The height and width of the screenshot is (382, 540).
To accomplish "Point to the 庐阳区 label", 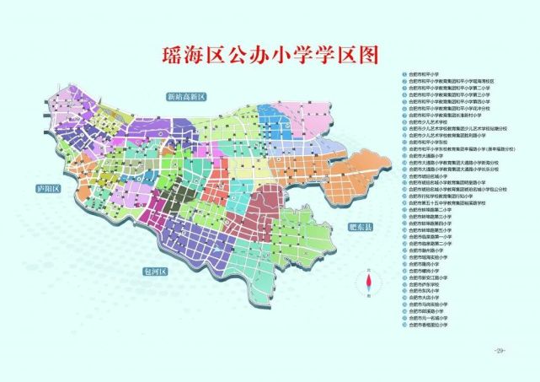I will (x=39, y=189).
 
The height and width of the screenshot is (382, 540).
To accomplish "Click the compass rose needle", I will (x=368, y=283).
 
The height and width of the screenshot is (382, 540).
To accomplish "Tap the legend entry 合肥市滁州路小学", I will (x=435, y=250).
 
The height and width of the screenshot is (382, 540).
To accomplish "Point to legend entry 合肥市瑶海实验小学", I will (x=435, y=256).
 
